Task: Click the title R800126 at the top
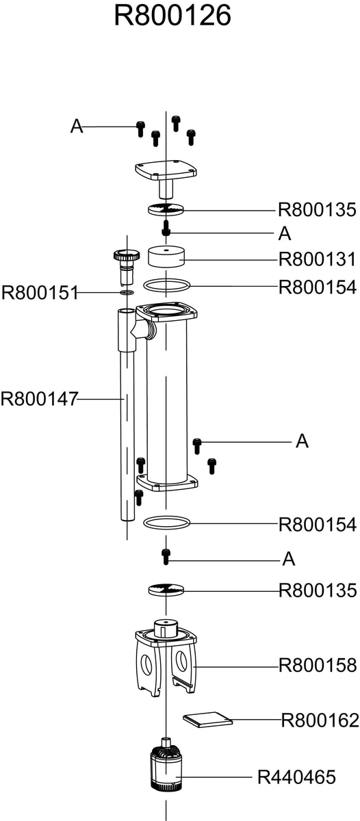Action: (x=172, y=15)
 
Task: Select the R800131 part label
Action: (x=317, y=259)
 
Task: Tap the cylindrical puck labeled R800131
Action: (x=166, y=257)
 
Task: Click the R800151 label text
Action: (x=40, y=293)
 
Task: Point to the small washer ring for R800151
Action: (x=127, y=292)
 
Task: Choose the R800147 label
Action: (x=40, y=398)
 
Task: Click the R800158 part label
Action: (x=318, y=665)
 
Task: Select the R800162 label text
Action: (x=320, y=720)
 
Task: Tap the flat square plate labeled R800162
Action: (x=207, y=719)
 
